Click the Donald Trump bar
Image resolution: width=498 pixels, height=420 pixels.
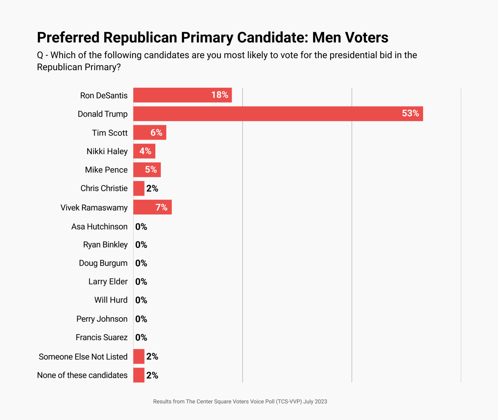tap(278, 114)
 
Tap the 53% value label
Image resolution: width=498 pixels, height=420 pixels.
tap(410, 114)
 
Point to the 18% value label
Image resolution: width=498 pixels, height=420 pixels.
tap(220, 95)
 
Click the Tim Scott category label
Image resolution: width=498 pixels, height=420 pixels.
tap(110, 133)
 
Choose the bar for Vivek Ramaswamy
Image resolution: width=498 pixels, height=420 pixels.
tap(152, 207)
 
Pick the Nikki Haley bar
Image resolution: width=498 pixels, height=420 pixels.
tap(144, 151)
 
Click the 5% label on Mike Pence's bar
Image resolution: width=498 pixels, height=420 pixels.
tap(151, 170)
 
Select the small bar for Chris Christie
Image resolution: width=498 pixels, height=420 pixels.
tap(139, 189)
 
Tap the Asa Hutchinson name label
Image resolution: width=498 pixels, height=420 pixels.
tap(99, 227)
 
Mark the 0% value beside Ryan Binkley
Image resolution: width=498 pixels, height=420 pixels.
tap(141, 245)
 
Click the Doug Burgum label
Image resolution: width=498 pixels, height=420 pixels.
tap(103, 263)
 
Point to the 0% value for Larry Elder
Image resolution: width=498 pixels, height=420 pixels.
tap(141, 282)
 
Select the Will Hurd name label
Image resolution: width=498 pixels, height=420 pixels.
tap(111, 300)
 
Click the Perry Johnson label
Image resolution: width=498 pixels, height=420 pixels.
tap(102, 319)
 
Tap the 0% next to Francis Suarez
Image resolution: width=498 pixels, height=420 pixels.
tap(141, 338)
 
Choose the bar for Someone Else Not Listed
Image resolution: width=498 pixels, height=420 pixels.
tap(139, 356)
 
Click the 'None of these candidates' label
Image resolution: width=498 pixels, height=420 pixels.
tap(82, 375)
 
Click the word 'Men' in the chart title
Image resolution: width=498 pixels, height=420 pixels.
tap(326, 38)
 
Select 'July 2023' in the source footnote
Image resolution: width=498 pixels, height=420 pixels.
tap(315, 402)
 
